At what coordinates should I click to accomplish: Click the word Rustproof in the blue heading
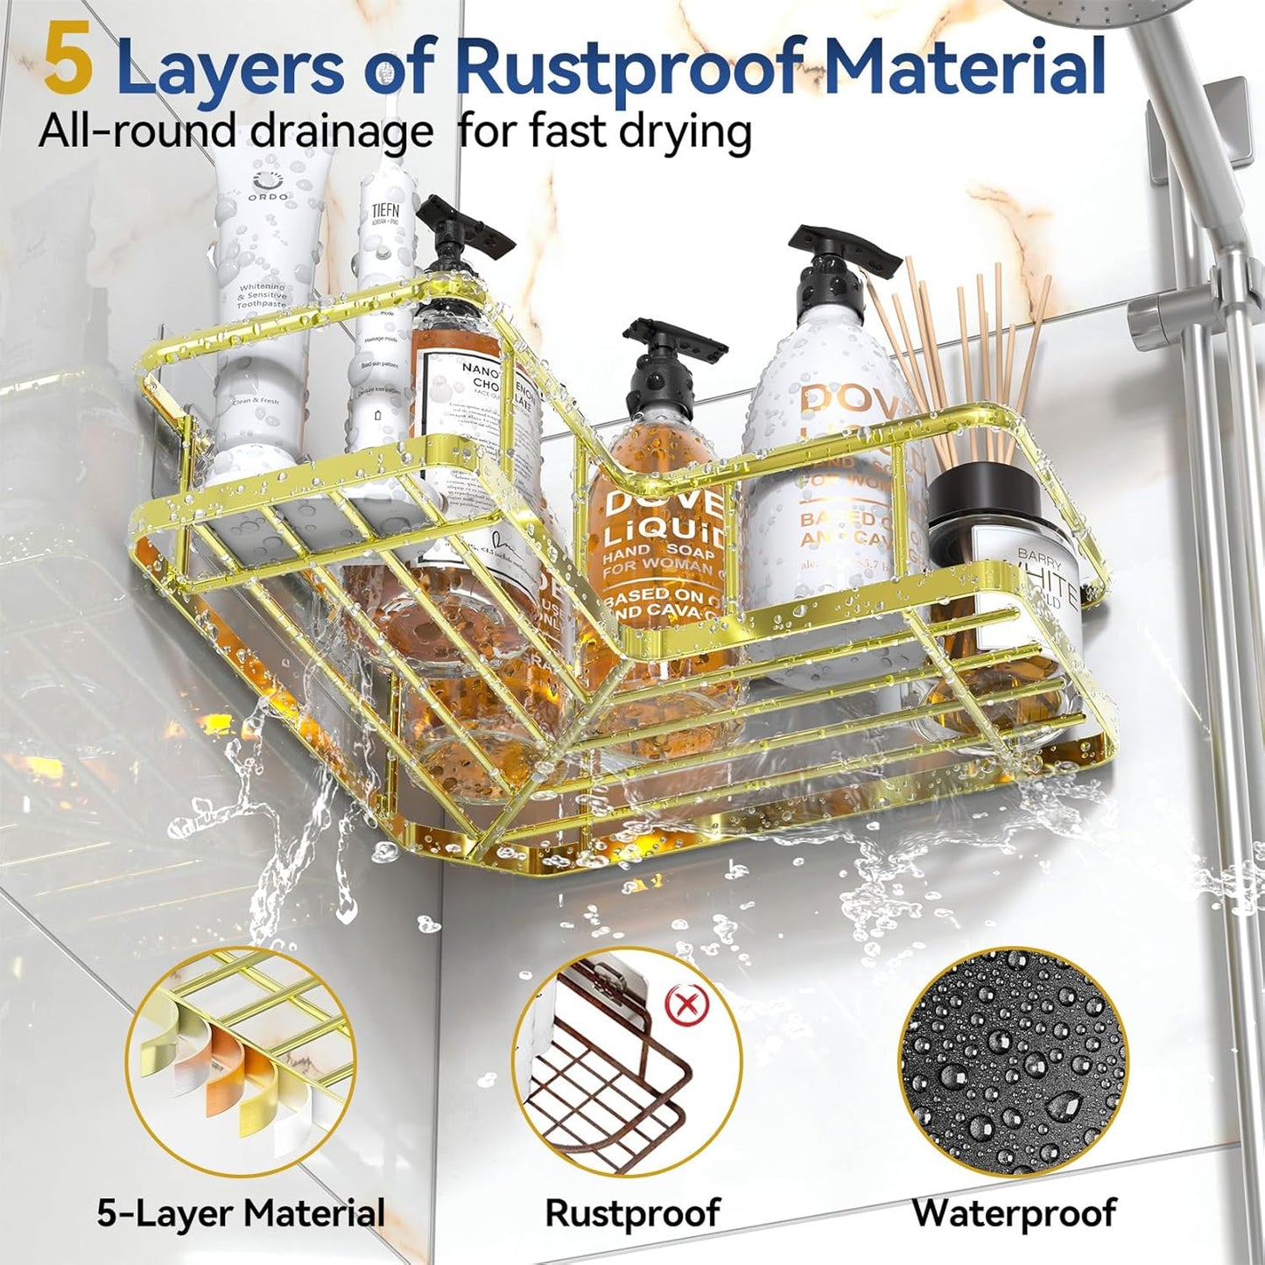point(629,68)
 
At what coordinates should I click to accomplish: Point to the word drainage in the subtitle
point(341,132)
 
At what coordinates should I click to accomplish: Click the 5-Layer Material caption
point(241,1213)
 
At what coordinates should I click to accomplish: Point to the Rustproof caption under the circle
point(632,1213)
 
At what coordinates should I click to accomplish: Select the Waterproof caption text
point(1014,1213)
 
